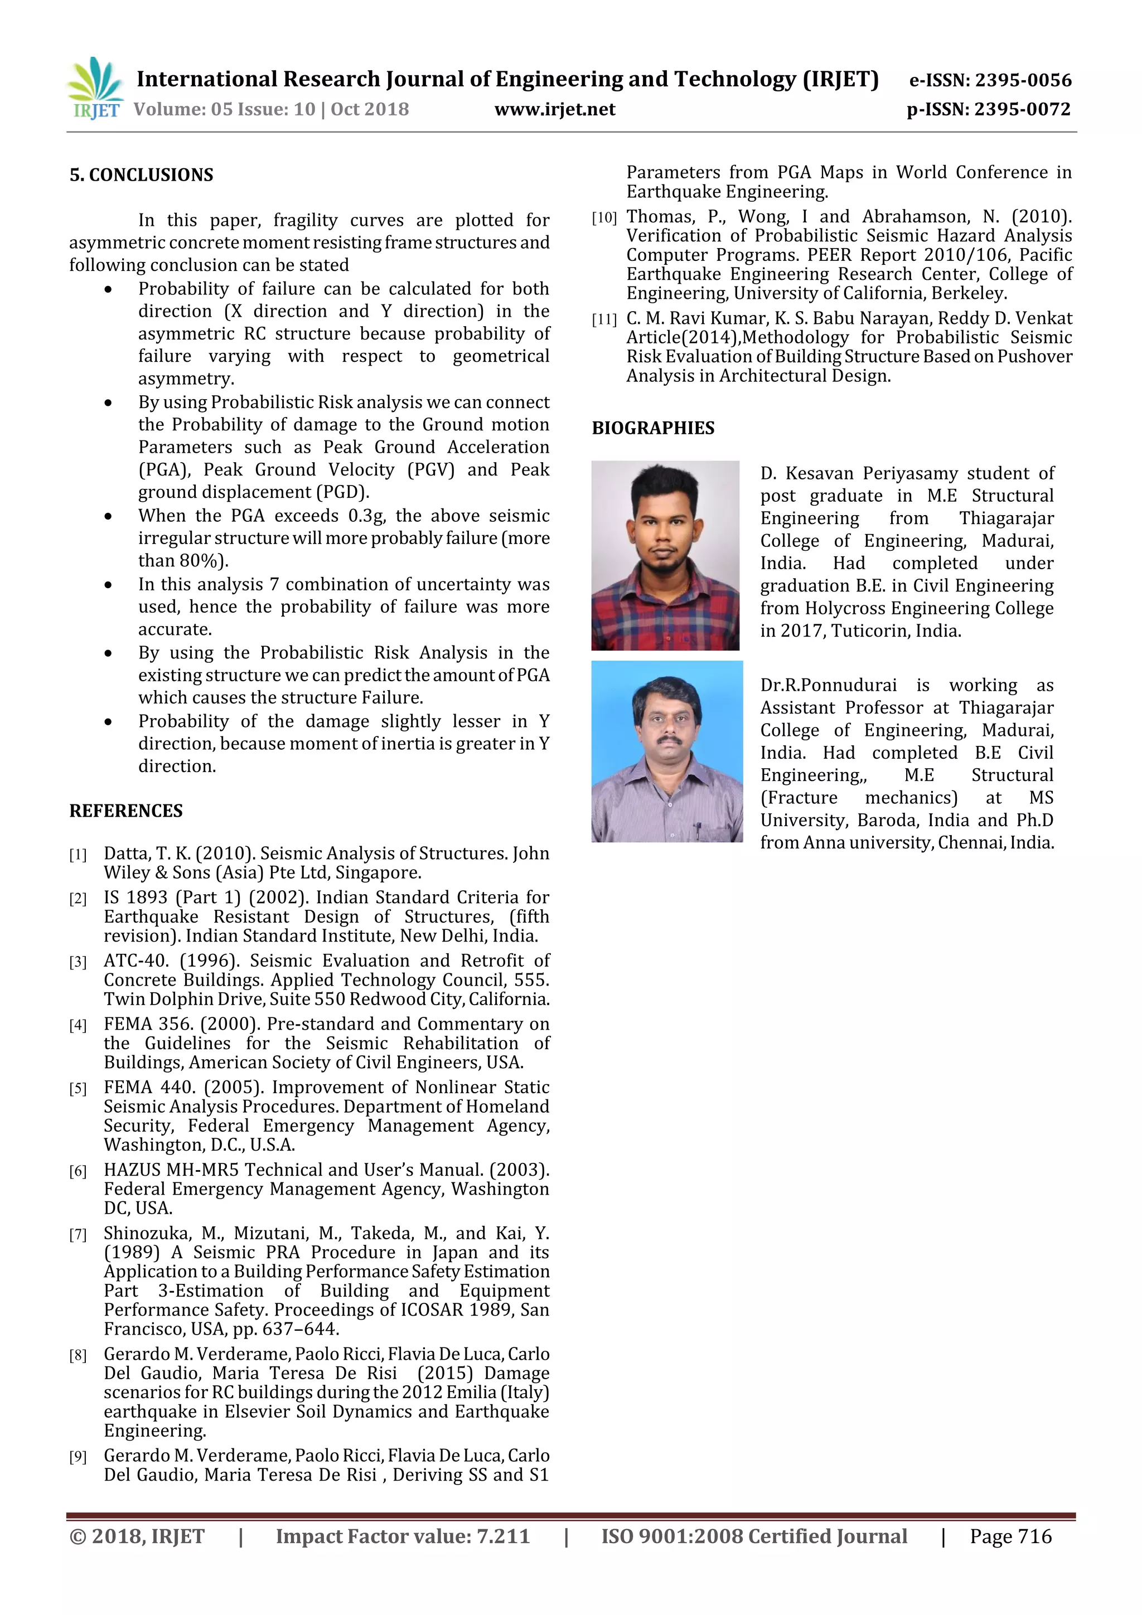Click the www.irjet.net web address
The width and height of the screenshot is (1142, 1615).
point(554,109)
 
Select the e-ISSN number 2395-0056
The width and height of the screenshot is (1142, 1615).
point(1022,80)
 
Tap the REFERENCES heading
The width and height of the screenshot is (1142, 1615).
point(126,811)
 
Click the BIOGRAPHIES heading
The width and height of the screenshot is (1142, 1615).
point(652,428)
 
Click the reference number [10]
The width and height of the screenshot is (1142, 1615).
point(604,218)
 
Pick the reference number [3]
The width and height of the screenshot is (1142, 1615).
point(78,962)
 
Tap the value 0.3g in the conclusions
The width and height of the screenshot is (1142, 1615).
point(366,516)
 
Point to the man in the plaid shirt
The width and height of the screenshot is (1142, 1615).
point(665,556)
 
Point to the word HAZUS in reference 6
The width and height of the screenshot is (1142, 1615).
point(132,1170)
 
